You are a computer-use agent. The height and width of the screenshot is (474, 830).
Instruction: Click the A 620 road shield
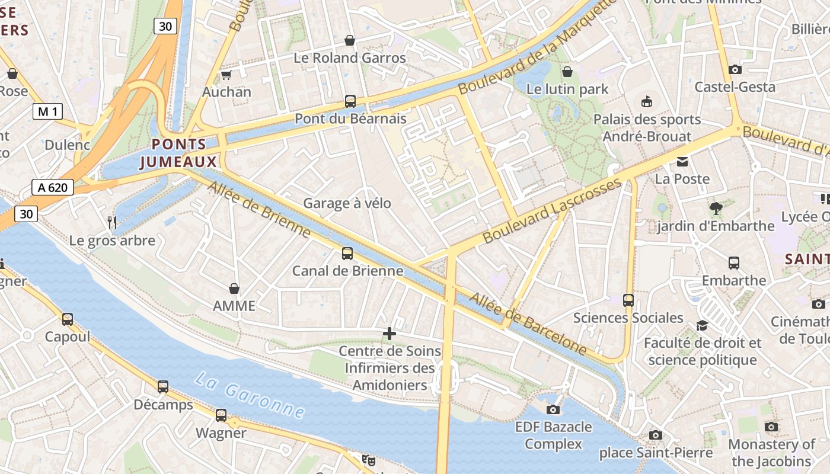click(x=53, y=188)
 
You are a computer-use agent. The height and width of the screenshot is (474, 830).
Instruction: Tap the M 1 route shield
click(x=47, y=111)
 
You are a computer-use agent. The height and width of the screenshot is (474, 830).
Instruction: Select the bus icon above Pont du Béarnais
click(x=350, y=101)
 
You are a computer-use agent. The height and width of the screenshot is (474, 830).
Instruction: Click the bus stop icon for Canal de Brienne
click(x=347, y=254)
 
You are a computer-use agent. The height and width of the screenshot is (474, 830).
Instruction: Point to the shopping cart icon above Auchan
click(x=226, y=75)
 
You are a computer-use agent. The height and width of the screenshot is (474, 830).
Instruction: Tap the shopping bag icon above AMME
click(x=234, y=289)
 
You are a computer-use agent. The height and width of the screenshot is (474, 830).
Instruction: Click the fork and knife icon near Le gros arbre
click(x=111, y=223)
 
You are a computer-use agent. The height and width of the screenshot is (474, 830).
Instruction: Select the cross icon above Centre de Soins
click(x=390, y=334)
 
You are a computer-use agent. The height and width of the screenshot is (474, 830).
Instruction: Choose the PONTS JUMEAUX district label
click(x=178, y=153)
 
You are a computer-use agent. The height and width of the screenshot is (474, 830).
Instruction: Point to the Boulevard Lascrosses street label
click(x=553, y=210)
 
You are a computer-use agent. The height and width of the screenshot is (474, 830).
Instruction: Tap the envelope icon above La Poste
click(x=682, y=162)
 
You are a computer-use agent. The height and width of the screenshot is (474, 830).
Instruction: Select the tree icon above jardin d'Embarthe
click(x=716, y=209)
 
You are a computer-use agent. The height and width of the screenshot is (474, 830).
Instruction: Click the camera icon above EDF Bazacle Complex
click(x=553, y=409)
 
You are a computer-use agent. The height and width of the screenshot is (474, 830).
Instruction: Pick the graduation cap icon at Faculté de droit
click(x=703, y=325)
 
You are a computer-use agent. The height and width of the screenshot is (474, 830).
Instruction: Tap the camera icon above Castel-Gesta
click(x=735, y=70)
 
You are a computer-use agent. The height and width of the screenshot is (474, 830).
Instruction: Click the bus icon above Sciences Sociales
click(x=628, y=300)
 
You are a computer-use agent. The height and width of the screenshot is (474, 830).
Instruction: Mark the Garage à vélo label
click(x=347, y=203)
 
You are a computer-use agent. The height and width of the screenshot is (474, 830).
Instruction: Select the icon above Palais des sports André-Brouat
click(x=647, y=102)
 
